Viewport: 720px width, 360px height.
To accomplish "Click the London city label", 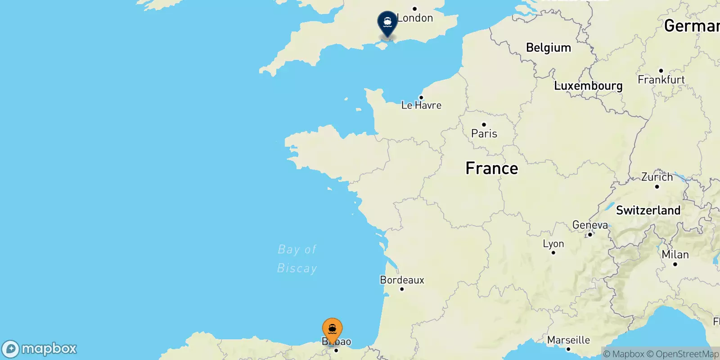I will click(415, 18).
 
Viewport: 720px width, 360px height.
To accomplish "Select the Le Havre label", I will click(421, 105).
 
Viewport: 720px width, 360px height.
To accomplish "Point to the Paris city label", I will click(484, 134).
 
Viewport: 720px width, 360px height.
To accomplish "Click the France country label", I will click(491, 168).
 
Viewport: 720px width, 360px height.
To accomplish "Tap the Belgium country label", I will click(548, 48).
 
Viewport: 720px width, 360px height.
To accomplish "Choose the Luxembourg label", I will click(588, 86).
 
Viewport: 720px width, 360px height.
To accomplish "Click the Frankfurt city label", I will click(661, 80).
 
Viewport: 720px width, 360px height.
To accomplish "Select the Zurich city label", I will click(657, 177).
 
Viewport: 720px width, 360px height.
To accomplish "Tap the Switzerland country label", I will click(648, 210).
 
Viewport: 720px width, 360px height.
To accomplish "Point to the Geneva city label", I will click(590, 225).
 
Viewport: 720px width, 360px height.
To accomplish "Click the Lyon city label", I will click(553, 244).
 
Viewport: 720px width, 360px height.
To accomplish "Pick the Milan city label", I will click(675, 255).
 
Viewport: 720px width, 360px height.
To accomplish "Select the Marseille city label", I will click(568, 340).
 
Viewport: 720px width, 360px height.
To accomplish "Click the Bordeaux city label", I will click(402, 280).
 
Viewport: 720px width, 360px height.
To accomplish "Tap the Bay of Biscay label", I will click(297, 259).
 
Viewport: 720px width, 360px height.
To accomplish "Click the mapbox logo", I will click(40, 349).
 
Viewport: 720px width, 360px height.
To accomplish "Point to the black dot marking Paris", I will click(484, 125).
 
